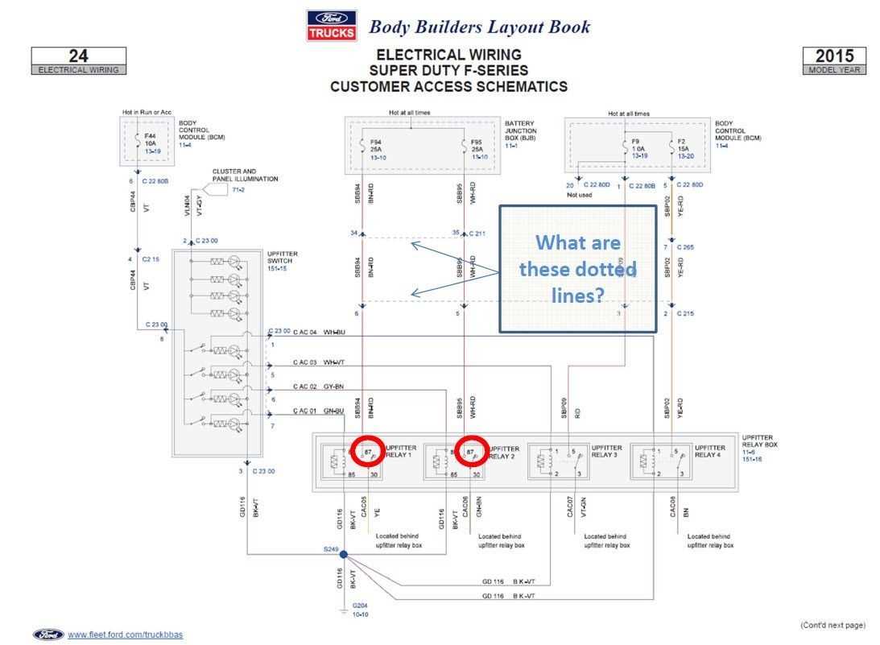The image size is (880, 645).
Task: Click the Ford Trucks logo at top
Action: coord(330,25)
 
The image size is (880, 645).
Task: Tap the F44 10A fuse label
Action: coord(150,142)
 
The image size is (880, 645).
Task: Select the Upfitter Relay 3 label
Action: coord(608,451)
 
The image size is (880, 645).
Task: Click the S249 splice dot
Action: coord(343,555)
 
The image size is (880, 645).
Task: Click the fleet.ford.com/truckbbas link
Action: coord(125,635)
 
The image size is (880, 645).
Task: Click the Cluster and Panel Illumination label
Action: coord(245,175)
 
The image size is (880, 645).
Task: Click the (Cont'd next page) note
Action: coord(832,625)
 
